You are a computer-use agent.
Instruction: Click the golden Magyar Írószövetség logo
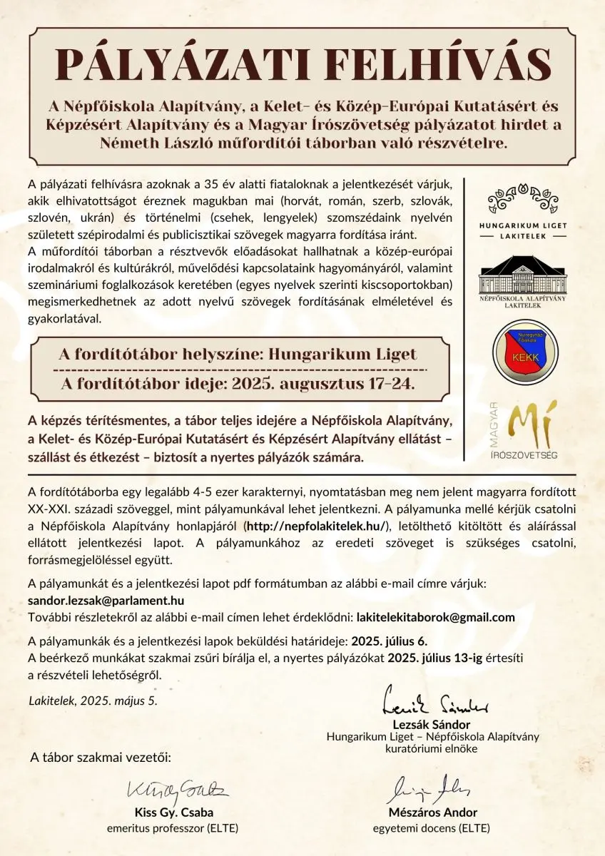(527, 431)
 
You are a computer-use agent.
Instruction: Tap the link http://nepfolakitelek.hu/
(317, 526)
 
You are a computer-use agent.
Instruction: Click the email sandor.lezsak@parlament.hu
(106, 601)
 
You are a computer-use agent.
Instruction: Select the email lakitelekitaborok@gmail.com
(435, 617)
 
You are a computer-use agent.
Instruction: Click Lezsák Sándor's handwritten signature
(437, 704)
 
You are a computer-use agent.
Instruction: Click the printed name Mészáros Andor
(433, 812)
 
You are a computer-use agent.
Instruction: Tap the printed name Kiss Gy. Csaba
(174, 812)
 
